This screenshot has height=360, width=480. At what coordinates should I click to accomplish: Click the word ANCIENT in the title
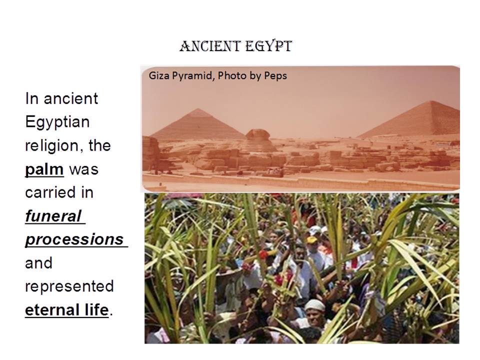tap(210, 46)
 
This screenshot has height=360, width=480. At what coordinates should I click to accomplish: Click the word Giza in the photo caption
tap(159, 75)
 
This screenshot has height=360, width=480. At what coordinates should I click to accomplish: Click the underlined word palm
tap(44, 169)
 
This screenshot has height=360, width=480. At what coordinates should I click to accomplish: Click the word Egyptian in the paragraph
tap(57, 122)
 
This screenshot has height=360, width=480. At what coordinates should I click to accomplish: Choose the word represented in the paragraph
tap(69, 286)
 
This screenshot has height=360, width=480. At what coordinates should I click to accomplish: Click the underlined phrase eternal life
tap(66, 310)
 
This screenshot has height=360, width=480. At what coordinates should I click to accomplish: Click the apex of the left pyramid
tap(198, 109)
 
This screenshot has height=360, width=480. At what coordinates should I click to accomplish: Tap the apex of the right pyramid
tap(431, 101)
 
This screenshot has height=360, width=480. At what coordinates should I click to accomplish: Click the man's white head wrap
tap(314, 305)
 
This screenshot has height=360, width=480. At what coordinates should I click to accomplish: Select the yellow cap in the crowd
tap(311, 239)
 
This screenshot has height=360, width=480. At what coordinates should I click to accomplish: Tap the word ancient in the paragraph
tap(70, 99)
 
